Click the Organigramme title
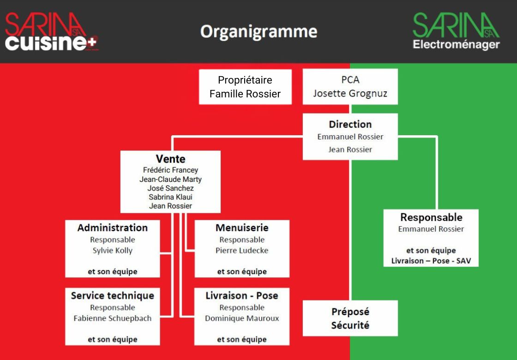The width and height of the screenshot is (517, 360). [259, 32]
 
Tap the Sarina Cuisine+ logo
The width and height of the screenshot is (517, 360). [51, 32]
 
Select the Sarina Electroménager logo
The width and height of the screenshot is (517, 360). [456, 31]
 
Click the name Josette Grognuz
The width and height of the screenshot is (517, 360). [350, 94]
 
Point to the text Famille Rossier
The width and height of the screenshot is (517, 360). [245, 94]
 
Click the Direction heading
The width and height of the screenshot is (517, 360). [350, 124]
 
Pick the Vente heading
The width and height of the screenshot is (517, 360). [170, 159]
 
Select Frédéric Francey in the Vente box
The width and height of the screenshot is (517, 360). [170, 170]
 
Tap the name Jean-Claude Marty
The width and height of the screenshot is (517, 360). [170, 180]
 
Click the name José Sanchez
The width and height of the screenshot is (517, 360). [170, 188]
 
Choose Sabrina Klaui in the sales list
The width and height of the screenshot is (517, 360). [170, 197]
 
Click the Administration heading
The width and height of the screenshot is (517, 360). [113, 228]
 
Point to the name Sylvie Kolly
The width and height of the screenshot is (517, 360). [113, 251]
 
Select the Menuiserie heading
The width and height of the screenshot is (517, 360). [242, 228]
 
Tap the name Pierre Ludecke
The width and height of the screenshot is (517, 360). [242, 251]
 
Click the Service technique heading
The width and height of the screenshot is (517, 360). [113, 296]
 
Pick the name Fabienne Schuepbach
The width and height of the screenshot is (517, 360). [113, 318]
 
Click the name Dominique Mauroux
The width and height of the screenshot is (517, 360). [242, 318]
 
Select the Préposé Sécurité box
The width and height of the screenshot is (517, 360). [350, 318]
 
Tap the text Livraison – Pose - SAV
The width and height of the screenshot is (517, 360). [431, 261]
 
